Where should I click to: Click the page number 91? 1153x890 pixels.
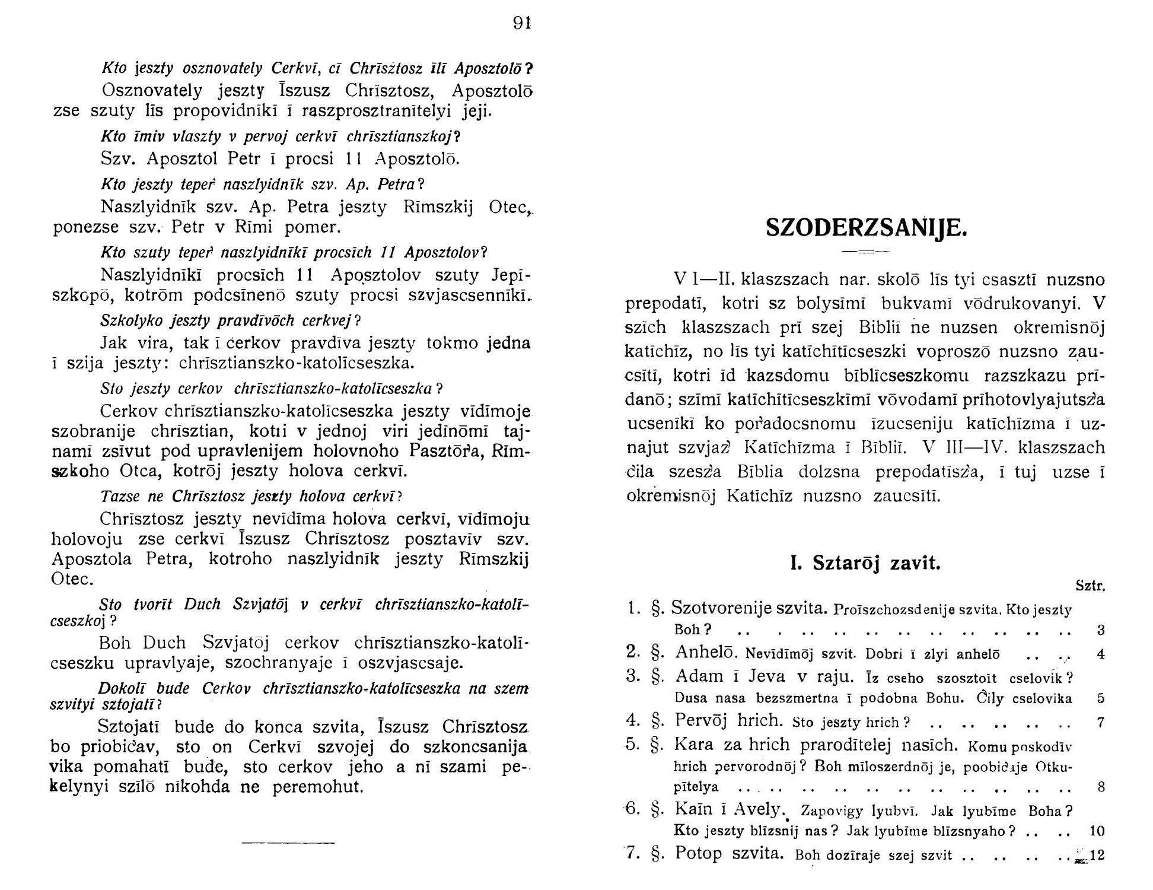pos(521,23)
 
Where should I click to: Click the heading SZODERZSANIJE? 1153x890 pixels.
pos(866,227)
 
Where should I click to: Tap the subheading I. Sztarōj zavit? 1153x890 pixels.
pos(866,562)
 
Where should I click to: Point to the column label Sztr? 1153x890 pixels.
pos(1091,586)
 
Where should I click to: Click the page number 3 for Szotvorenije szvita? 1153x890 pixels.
pos(1101,630)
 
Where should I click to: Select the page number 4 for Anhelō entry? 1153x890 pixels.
pos(1101,654)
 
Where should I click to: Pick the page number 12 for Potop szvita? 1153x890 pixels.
pos(1097,856)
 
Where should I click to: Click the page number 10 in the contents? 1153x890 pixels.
pos(1097,831)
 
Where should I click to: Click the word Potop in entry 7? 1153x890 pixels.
pos(699,854)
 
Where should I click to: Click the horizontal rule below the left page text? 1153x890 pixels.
pos(288,843)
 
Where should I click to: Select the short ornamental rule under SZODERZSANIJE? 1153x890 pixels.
pos(866,252)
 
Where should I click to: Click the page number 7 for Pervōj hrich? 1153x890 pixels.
pos(1101,723)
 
